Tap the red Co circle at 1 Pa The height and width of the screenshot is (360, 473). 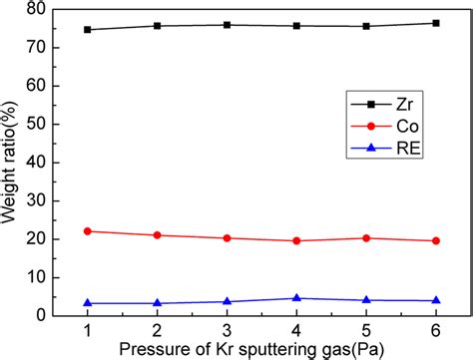click(88, 230)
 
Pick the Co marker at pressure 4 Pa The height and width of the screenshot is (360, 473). click(295, 240)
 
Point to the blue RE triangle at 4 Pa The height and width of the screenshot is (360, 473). click(295, 298)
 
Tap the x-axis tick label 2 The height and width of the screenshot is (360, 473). click(157, 330)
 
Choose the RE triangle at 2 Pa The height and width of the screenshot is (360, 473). click(157, 302)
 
